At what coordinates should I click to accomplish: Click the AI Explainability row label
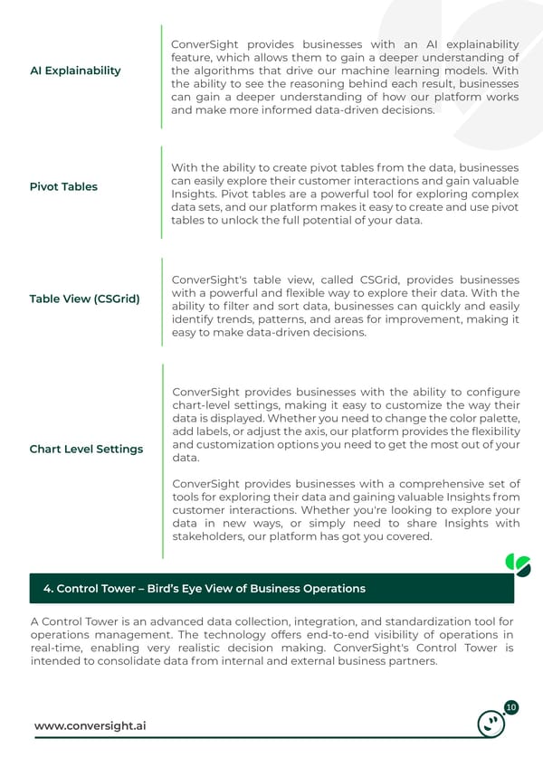(x=75, y=71)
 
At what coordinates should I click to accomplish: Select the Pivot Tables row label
(x=63, y=187)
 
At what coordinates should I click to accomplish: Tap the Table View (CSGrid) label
(x=84, y=298)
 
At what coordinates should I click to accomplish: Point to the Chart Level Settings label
(x=86, y=450)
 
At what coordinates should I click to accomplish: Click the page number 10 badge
(x=510, y=707)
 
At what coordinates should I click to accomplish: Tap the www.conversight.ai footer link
(x=90, y=726)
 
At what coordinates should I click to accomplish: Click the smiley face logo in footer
(x=491, y=724)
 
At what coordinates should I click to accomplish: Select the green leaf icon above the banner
(x=518, y=565)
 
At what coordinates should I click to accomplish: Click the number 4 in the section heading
(x=47, y=589)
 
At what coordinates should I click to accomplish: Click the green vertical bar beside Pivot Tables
(x=161, y=192)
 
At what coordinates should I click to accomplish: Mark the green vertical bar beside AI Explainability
(x=161, y=76)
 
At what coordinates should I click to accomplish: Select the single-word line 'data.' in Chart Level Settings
(x=185, y=459)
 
